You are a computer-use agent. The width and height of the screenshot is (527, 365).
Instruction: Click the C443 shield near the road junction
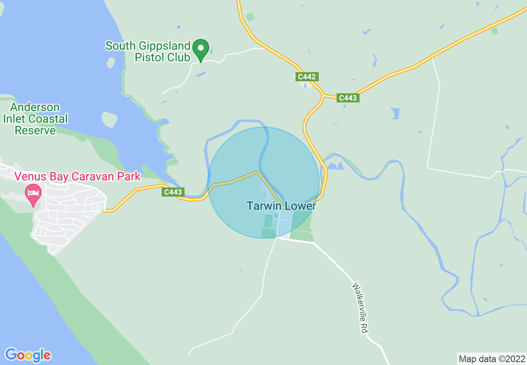[347, 98]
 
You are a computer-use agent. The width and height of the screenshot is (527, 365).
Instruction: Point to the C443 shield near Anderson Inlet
[173, 192]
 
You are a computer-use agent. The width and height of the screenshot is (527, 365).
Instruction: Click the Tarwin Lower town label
[281, 206]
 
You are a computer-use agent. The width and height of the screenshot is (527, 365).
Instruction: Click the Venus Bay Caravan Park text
[78, 176]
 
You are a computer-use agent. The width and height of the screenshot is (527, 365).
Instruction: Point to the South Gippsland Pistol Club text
[148, 51]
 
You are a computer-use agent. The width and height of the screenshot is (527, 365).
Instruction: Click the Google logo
[28, 355]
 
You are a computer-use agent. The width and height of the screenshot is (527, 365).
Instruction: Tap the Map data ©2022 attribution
[492, 359]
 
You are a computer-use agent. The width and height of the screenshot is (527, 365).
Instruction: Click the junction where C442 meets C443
[323, 96]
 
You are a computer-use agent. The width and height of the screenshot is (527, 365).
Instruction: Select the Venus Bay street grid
[66, 216]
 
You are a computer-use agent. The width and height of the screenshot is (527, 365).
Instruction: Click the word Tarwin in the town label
[263, 206]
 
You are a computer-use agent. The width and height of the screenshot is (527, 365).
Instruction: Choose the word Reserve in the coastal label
[35, 131]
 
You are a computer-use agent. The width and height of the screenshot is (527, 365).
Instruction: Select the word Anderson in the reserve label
[35, 107]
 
